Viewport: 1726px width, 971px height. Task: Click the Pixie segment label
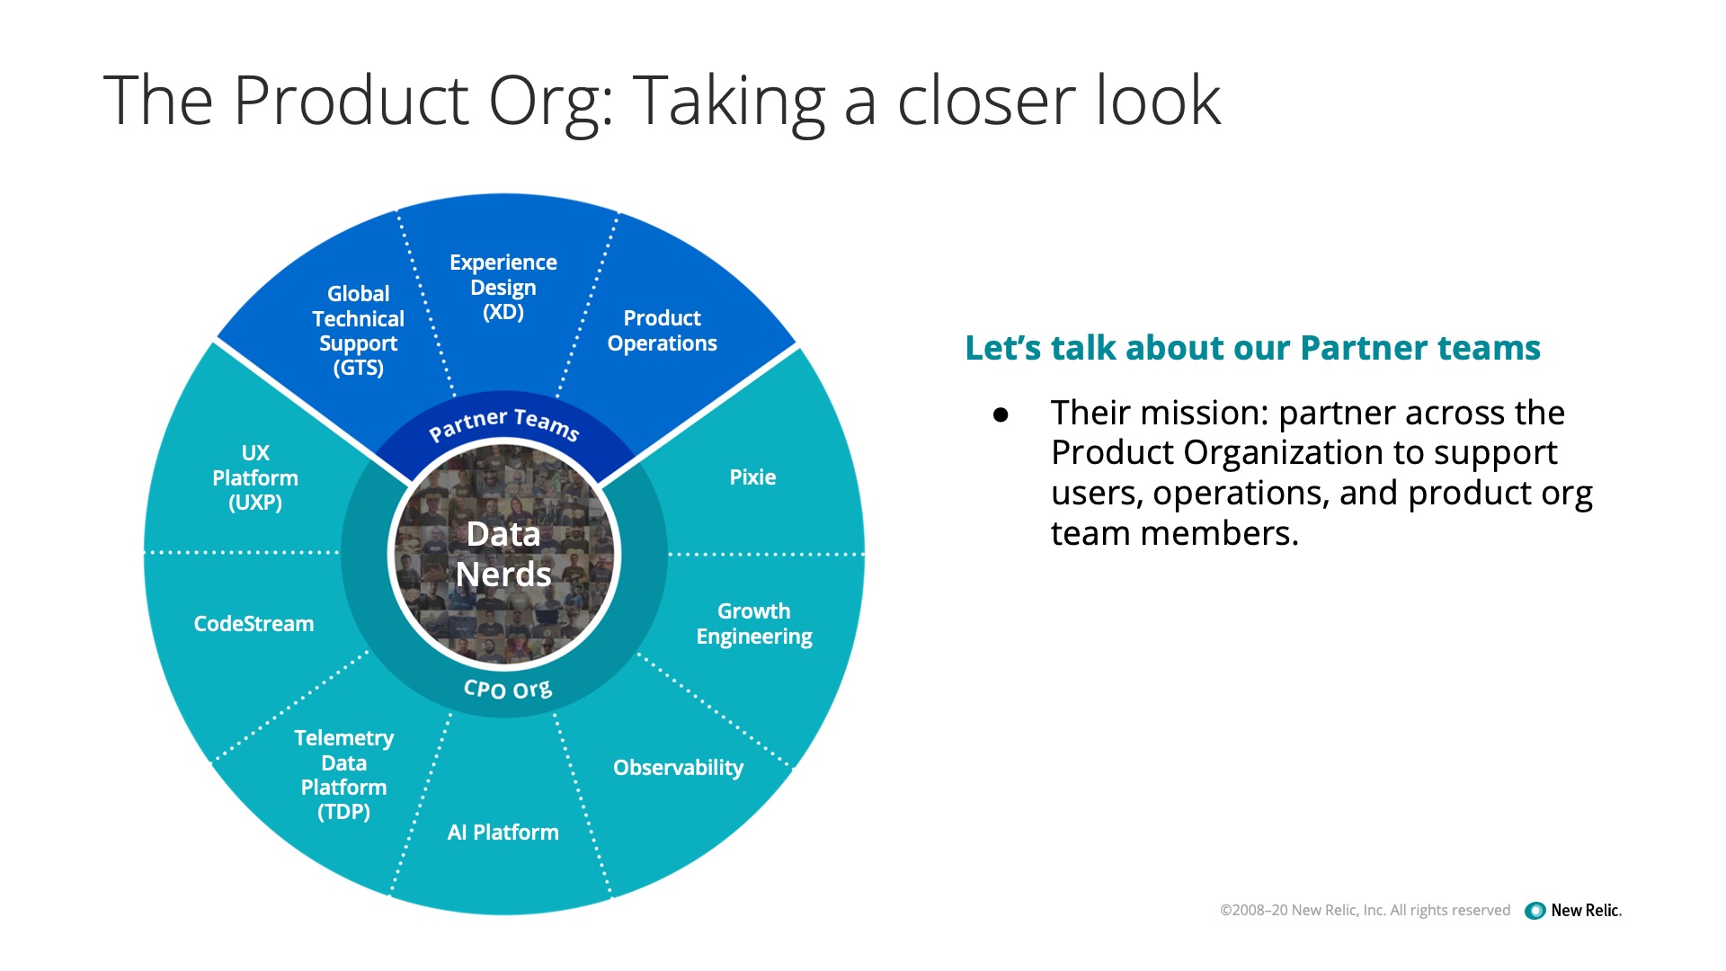[x=752, y=477]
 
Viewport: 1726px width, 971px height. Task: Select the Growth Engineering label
[x=754, y=624]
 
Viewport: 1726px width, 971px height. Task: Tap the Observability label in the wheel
[x=679, y=768]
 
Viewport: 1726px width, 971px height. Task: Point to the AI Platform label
[x=503, y=833]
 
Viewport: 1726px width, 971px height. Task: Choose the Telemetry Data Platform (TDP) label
[x=344, y=775]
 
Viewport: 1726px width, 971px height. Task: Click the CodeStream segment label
[x=254, y=624]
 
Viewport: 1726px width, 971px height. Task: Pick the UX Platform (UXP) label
[x=255, y=477]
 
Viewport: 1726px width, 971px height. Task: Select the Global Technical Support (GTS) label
[x=359, y=331]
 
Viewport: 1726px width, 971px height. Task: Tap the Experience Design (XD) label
[x=503, y=287]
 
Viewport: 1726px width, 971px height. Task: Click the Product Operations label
[x=663, y=331]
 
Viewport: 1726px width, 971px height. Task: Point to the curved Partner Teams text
[x=504, y=423]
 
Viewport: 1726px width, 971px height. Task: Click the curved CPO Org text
[x=508, y=690]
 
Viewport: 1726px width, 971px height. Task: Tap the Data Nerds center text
[x=503, y=554]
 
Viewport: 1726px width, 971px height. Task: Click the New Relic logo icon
[x=1535, y=911]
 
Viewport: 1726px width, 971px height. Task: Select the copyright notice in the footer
[x=1365, y=910]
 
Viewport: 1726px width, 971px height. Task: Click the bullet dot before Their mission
[x=1001, y=414]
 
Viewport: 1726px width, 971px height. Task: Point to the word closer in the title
[x=986, y=100]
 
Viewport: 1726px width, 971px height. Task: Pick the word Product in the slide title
[x=351, y=100]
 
